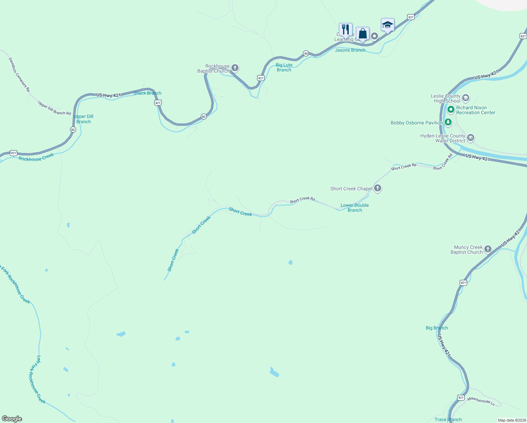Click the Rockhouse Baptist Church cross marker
[x=235, y=68]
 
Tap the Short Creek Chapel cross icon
[x=378, y=188]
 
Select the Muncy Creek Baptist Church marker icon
[x=488, y=249]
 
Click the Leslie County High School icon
[x=466, y=98]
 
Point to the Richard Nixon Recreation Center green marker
[x=451, y=110]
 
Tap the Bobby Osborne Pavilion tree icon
[x=448, y=123]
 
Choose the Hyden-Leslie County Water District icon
[x=471, y=138]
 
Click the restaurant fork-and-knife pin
[x=346, y=30]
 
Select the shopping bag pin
[x=362, y=34]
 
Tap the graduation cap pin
[x=387, y=25]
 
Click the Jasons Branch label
[x=350, y=50]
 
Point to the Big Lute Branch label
[x=284, y=67]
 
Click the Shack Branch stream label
[x=147, y=93]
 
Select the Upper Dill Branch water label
[x=83, y=119]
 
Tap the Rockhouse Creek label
[x=36, y=157]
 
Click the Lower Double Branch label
[x=354, y=208]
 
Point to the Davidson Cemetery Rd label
[x=19, y=75]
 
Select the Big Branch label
[x=436, y=328]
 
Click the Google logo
[x=12, y=419]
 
